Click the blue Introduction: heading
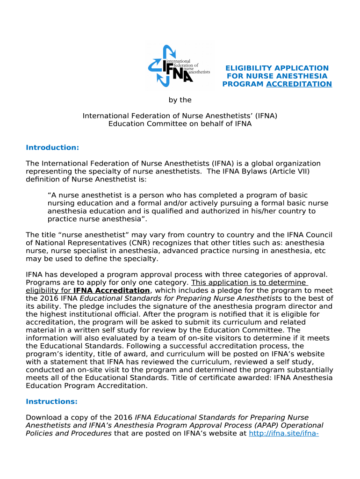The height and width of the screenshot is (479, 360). click(x=52, y=148)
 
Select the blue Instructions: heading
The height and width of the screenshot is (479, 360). click(x=51, y=401)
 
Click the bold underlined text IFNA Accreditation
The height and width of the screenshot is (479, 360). click(x=112, y=290)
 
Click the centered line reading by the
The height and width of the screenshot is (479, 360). click(x=180, y=100)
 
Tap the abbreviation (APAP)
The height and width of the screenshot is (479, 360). click(x=253, y=425)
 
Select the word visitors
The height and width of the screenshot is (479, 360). click(x=213, y=338)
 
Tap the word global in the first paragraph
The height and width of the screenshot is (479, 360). click(x=258, y=163)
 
